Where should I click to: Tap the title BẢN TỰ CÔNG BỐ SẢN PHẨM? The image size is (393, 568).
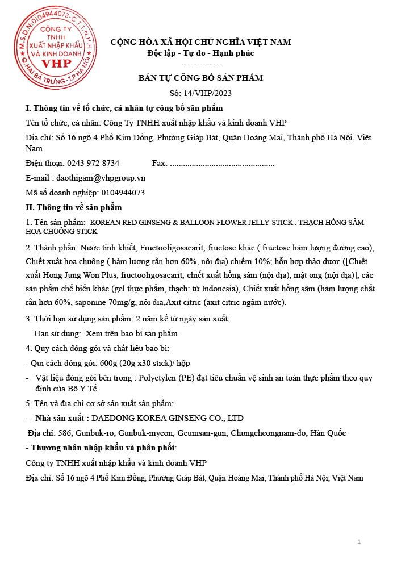[200, 78]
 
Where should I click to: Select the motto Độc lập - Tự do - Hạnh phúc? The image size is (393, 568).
[200, 53]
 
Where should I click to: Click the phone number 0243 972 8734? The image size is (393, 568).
[93, 163]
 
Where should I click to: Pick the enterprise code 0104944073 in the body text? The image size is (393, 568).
[123, 193]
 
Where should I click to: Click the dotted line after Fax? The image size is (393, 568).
[222, 164]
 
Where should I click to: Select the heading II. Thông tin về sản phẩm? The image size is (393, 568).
[74, 207]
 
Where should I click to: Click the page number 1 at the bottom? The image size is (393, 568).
[359, 542]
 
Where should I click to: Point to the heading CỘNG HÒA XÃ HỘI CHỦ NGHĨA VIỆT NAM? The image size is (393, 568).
[200, 43]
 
